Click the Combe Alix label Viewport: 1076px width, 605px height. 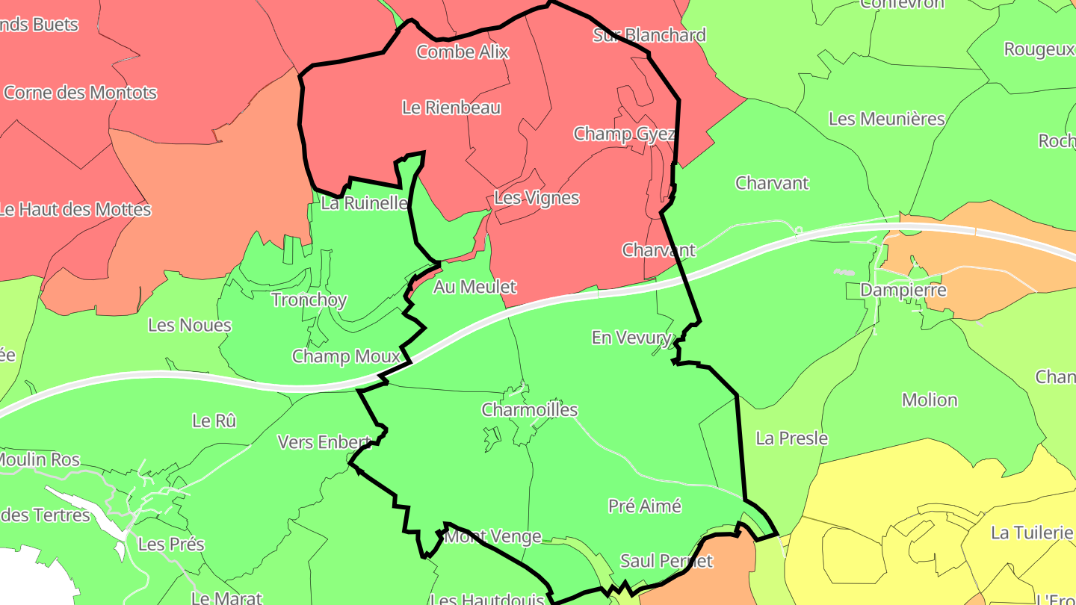(463, 52)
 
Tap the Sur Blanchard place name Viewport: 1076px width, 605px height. (649, 35)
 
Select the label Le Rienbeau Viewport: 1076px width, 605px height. (451, 108)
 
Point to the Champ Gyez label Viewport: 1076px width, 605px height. (624, 134)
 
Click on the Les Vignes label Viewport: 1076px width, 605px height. (537, 198)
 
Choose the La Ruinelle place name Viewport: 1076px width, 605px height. (364, 202)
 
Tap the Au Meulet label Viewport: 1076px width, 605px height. (474, 286)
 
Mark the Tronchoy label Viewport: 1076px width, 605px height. (309, 300)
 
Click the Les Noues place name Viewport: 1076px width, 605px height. (190, 325)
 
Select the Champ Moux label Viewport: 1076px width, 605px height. (346, 356)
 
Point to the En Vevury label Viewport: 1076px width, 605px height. (631, 338)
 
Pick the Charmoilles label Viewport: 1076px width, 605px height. (530, 410)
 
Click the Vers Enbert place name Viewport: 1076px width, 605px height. (324, 442)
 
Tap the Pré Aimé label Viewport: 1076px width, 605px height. (645, 506)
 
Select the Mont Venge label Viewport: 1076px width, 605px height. (494, 536)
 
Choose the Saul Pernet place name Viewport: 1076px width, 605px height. (667, 560)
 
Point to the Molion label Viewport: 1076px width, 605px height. (930, 400)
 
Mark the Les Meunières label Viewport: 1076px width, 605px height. (887, 119)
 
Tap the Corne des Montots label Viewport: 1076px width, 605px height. (81, 93)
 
